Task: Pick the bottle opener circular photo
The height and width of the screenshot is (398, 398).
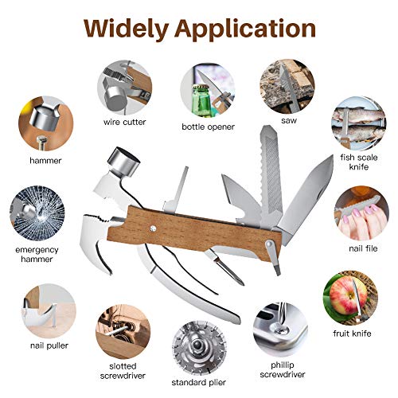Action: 207,90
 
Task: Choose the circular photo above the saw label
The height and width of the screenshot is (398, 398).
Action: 285,89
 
